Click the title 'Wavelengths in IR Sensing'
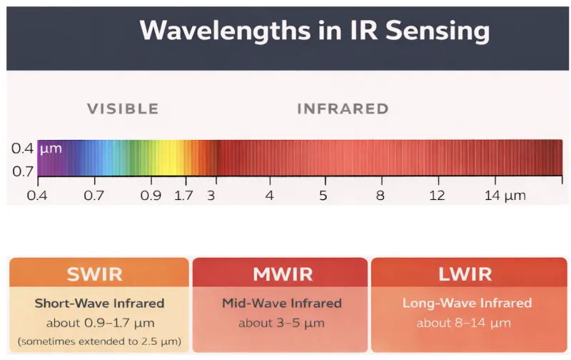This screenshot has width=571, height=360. [x=314, y=31]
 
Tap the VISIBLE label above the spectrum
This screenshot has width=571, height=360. [x=123, y=109]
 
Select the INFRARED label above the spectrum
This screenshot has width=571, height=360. [x=343, y=109]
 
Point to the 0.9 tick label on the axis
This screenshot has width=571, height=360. [x=151, y=195]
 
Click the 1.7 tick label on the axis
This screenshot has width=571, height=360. [x=184, y=195]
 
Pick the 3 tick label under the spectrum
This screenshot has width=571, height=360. [x=211, y=195]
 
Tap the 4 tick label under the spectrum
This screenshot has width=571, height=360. [x=269, y=195]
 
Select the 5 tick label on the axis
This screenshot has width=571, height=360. [x=323, y=195]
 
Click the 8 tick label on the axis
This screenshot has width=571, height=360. [x=380, y=195]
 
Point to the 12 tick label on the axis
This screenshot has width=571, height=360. [x=437, y=195]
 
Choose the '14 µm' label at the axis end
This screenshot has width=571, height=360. [x=505, y=195]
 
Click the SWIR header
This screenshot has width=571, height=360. [x=98, y=274]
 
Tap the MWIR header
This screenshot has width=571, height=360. [x=279, y=274]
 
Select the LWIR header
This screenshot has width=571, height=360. [x=467, y=274]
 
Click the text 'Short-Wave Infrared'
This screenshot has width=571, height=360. [x=98, y=303]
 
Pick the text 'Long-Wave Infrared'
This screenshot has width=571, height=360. [x=467, y=303]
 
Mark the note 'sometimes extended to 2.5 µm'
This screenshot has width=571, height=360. [x=98, y=341]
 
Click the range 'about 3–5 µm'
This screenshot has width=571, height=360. [x=279, y=322]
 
